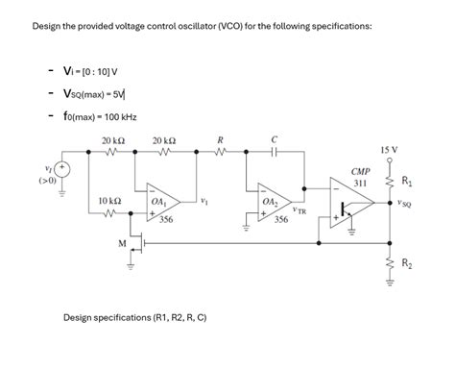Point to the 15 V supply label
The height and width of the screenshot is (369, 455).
390,151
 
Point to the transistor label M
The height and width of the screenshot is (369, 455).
122,243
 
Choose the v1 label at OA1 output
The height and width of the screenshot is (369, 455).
205,201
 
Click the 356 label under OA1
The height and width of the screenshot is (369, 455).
165,220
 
